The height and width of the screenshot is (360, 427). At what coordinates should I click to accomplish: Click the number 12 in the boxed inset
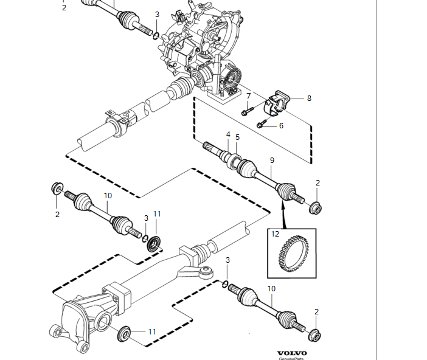(275, 234)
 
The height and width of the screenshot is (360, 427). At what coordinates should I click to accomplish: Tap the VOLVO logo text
(292, 353)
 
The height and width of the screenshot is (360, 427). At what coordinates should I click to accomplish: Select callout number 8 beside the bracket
(309, 99)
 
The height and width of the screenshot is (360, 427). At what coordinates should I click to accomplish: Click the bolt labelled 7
(248, 111)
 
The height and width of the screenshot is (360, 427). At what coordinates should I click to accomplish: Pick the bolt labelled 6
(262, 124)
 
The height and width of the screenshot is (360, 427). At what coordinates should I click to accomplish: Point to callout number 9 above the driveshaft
(272, 161)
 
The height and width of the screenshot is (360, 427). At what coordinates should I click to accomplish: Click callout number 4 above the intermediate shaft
(228, 134)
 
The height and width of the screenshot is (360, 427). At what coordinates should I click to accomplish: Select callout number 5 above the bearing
(237, 137)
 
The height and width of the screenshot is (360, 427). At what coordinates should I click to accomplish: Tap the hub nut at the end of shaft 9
(315, 208)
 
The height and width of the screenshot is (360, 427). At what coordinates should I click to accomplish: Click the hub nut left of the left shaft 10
(57, 188)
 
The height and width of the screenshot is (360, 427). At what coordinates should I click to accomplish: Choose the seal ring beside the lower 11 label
(124, 333)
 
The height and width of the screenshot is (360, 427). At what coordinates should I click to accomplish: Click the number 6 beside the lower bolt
(281, 125)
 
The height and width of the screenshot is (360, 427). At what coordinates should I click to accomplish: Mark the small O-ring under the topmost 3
(156, 36)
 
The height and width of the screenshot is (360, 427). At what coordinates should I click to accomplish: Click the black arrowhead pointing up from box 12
(283, 204)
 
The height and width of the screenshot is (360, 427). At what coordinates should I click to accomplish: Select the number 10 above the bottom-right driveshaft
(271, 289)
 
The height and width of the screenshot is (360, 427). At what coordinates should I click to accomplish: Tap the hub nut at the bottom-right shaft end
(314, 336)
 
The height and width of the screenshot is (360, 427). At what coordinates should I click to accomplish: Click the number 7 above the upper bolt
(248, 96)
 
